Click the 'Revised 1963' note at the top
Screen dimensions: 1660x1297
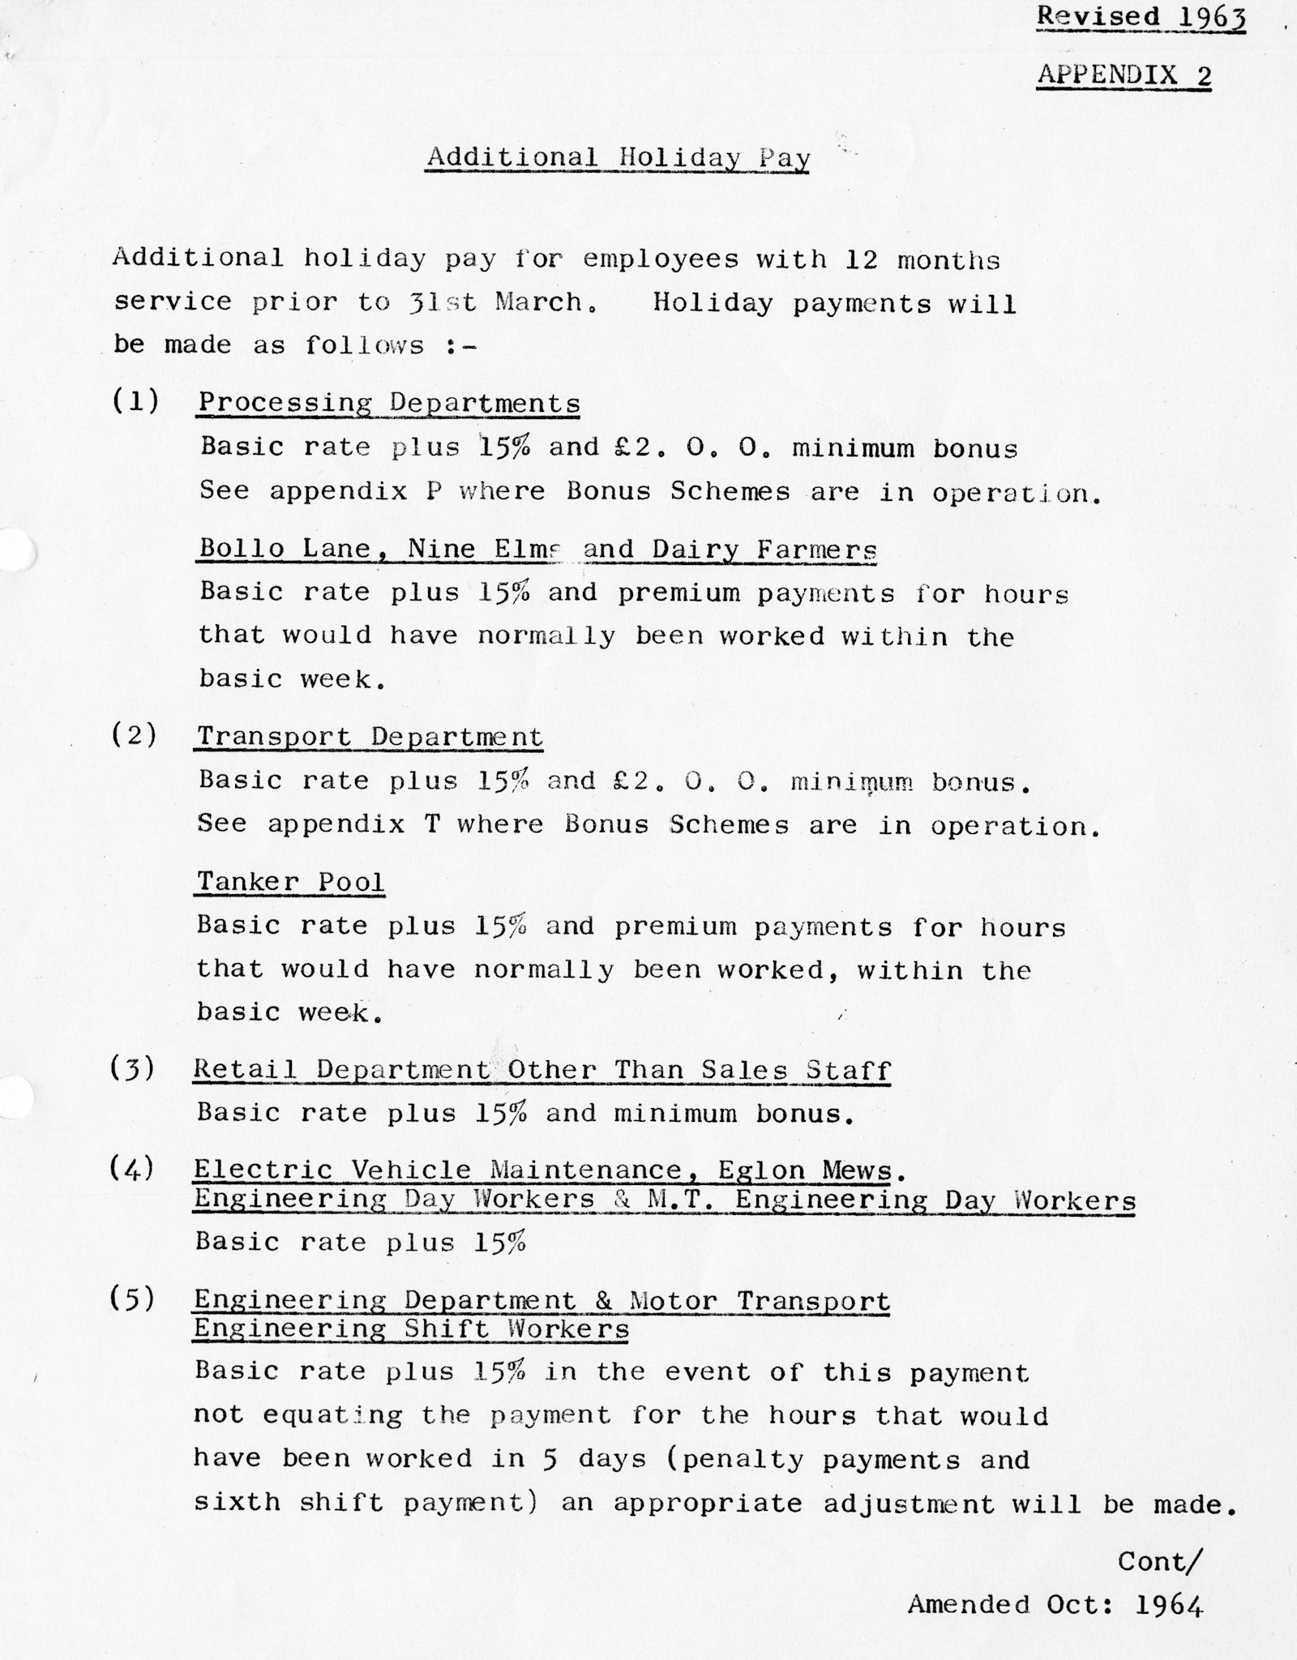coord(1141,17)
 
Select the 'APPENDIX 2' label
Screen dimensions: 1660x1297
coord(1124,75)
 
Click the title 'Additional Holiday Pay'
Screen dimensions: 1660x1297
coord(619,157)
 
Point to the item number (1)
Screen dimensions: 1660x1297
coord(135,401)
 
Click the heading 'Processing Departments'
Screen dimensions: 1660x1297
coord(389,403)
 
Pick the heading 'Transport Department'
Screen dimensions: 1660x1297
coord(370,737)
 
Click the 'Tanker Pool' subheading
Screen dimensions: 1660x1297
coord(290,882)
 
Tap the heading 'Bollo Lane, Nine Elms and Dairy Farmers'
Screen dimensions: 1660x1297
coord(537,550)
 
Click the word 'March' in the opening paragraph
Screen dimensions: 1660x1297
coord(539,302)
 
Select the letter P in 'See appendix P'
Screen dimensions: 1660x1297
coord(434,492)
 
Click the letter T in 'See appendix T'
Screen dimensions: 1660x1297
coord(431,825)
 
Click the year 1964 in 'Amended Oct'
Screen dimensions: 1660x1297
coord(1169,1605)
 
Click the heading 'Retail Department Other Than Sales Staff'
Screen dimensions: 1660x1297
coord(541,1070)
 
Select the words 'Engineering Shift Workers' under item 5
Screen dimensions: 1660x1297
coord(411,1329)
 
